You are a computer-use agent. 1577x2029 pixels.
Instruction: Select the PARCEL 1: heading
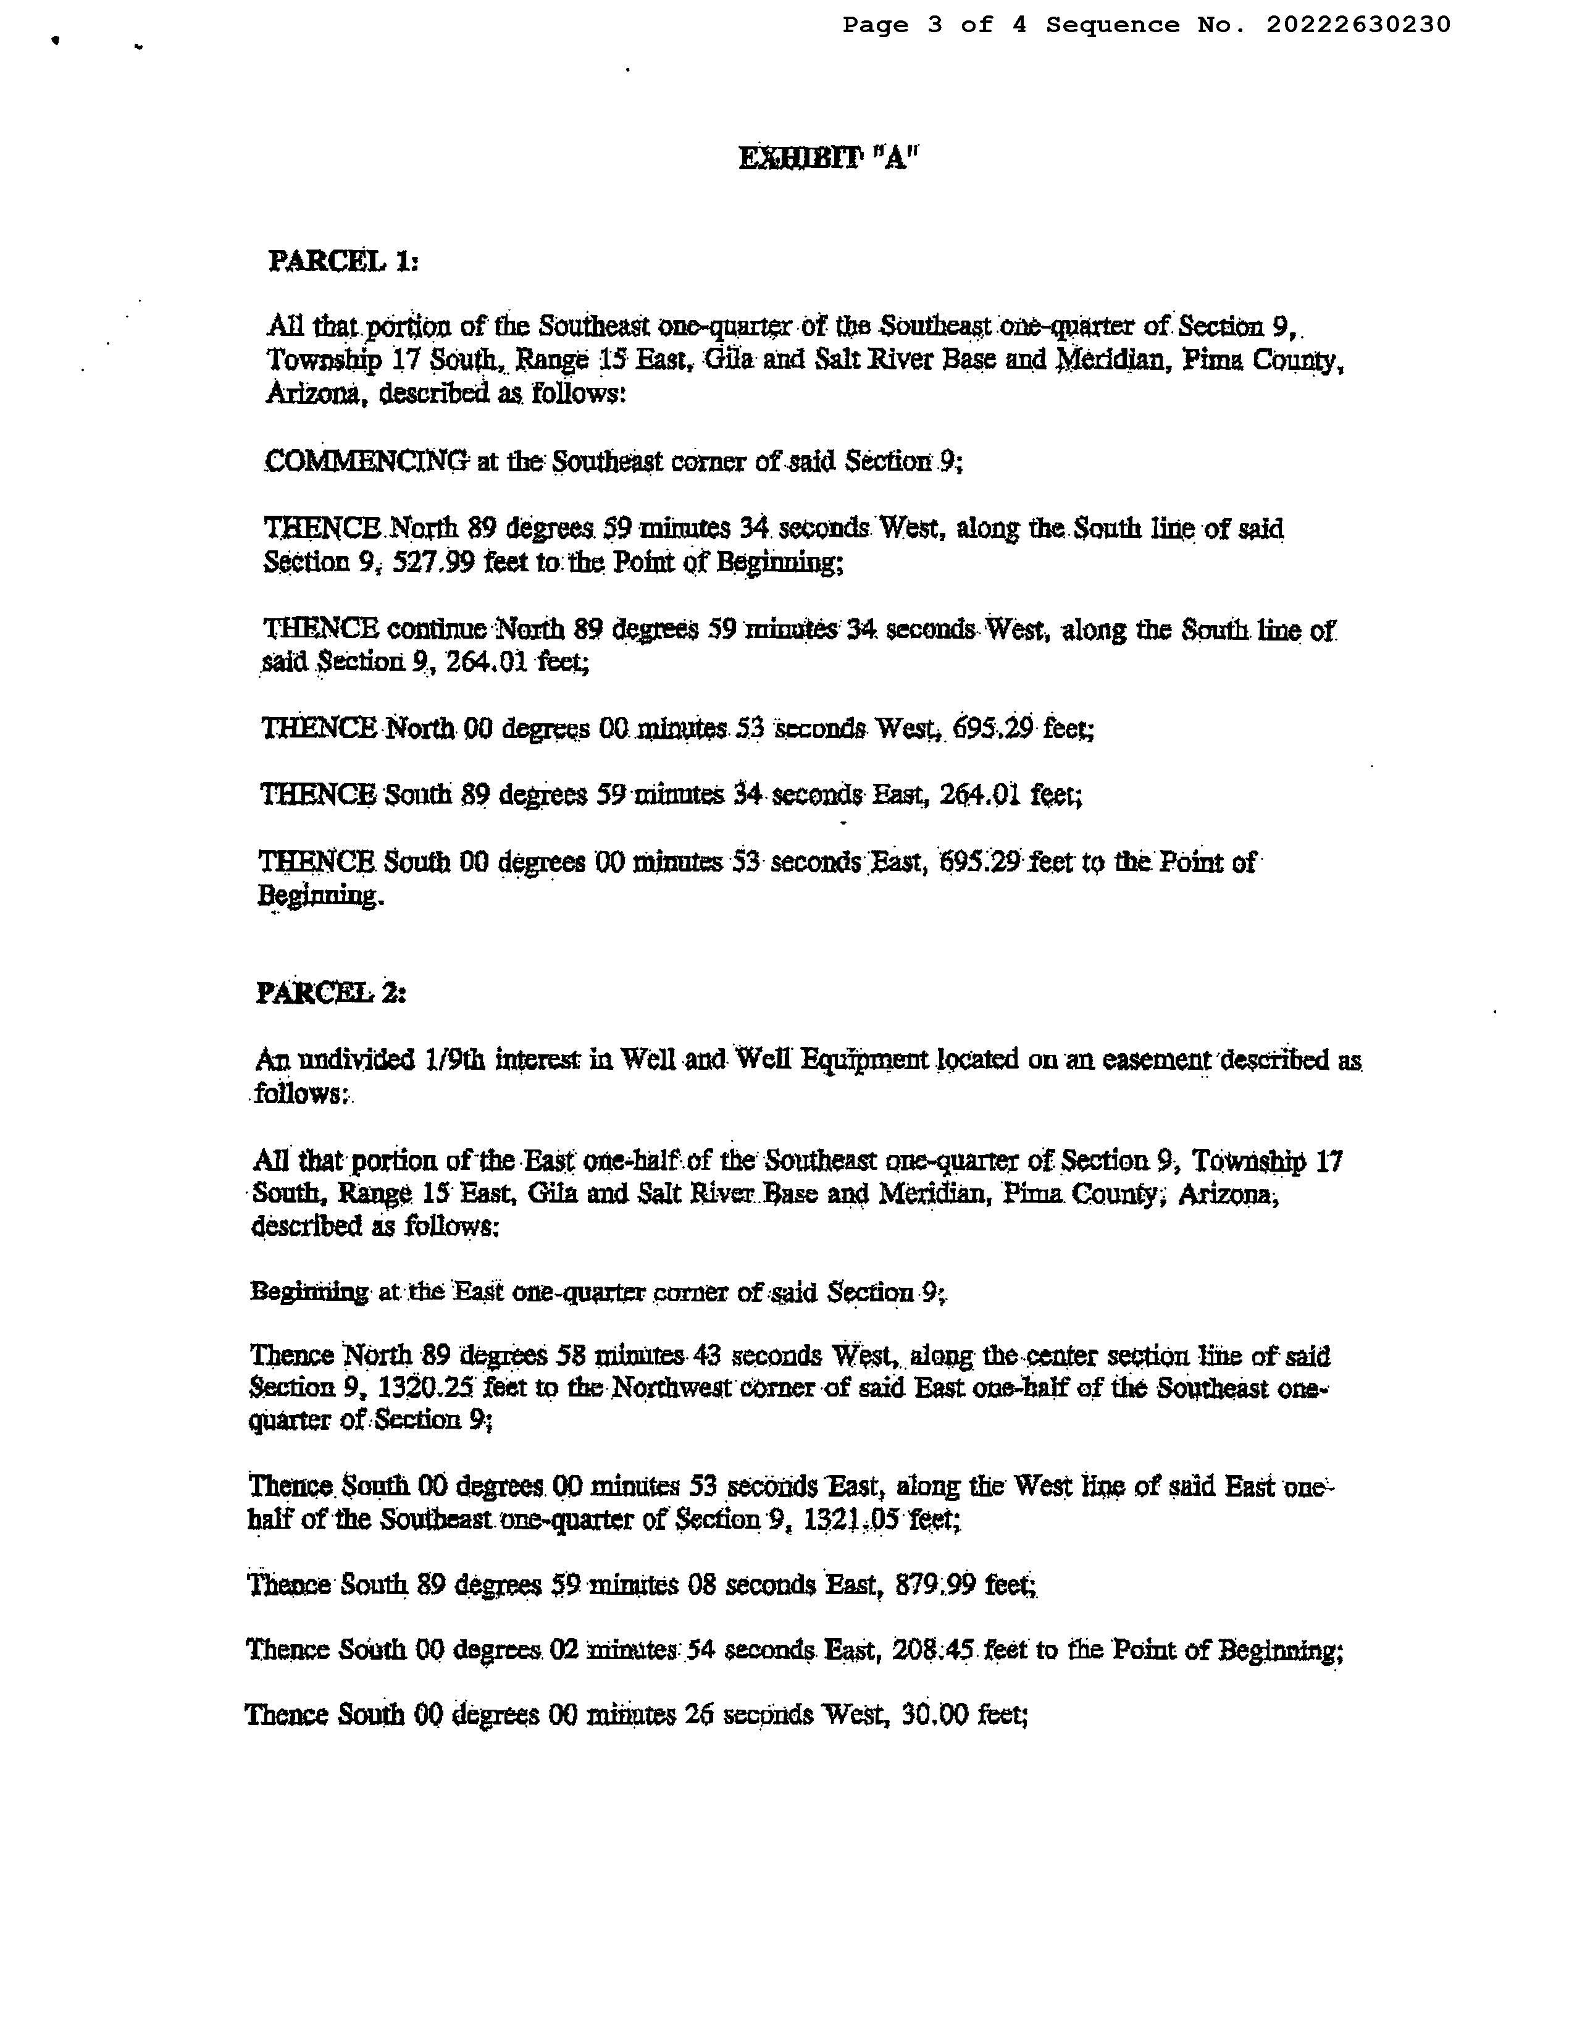pyautogui.click(x=343, y=261)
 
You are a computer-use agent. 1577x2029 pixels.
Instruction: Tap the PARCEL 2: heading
pyautogui.click(x=330, y=993)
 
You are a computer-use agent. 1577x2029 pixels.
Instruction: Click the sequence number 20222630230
pyautogui.click(x=1357, y=25)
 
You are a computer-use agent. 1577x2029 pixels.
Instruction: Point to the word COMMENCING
pyautogui.click(x=366, y=461)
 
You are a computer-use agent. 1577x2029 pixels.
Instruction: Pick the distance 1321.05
pyautogui.click(x=848, y=1520)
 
